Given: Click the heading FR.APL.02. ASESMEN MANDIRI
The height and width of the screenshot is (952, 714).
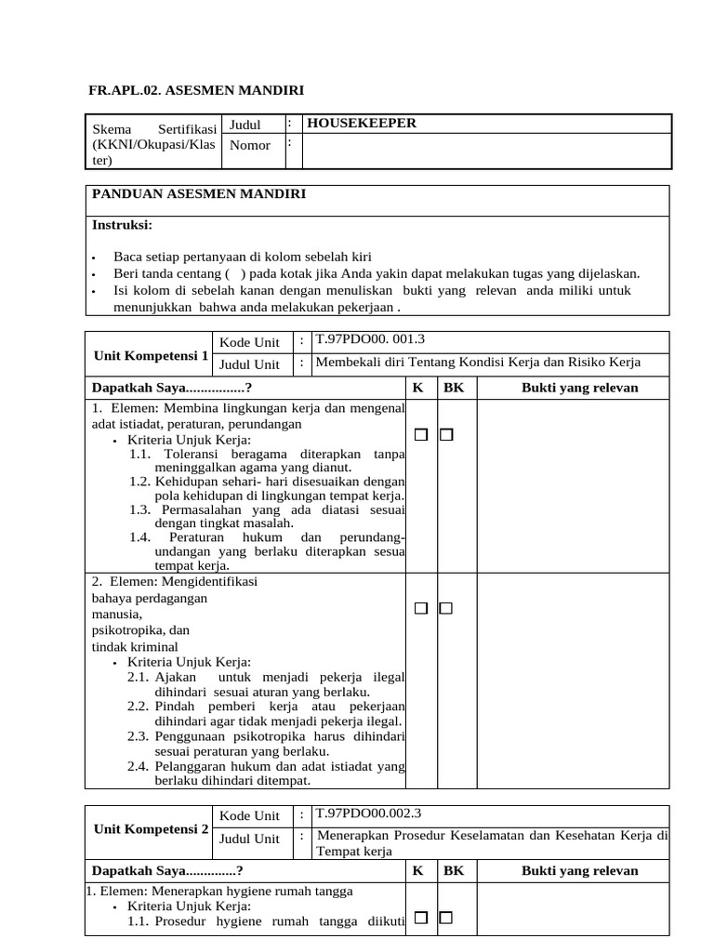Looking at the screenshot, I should click(x=195, y=90).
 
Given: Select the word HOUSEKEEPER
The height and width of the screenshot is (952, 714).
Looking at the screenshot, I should click(x=362, y=124).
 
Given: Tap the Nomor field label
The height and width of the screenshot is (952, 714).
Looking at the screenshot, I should click(x=250, y=145).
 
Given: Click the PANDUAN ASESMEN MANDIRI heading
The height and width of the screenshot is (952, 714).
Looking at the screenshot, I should click(x=198, y=194).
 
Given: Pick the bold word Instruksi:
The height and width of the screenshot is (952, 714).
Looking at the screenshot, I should click(x=122, y=225).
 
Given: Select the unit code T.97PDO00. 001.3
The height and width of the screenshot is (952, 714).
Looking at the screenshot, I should click(x=370, y=339).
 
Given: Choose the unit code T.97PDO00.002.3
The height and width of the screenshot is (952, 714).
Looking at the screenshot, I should click(x=368, y=813).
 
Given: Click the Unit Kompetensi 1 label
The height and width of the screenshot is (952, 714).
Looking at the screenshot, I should click(x=149, y=355).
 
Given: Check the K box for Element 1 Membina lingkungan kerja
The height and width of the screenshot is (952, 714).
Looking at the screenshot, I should click(x=421, y=434).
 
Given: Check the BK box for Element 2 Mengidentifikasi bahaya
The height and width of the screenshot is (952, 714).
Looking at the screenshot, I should click(x=446, y=608).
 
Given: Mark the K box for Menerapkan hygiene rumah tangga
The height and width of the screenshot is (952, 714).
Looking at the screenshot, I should click(x=421, y=919).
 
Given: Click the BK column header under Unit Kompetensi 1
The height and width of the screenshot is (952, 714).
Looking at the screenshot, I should click(x=453, y=388).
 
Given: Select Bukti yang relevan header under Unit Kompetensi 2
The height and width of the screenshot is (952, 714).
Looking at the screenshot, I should click(x=579, y=871).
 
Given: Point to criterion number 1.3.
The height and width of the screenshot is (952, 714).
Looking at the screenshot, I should click(x=140, y=509).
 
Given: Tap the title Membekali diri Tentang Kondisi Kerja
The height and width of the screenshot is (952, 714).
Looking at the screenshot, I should click(x=478, y=363).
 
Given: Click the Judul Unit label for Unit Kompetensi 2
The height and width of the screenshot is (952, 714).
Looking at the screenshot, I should click(x=249, y=839).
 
